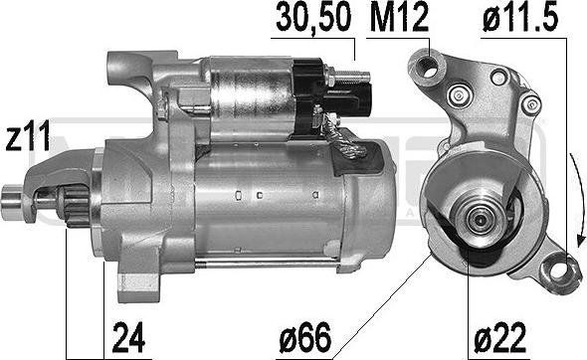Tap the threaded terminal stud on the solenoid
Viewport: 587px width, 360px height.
pos(356,76)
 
